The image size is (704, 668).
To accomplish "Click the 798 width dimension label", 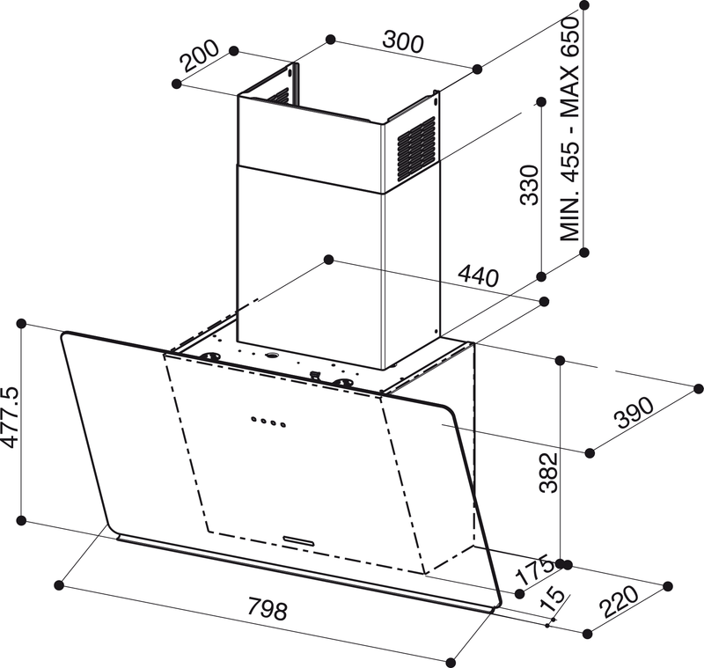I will (x=268, y=609).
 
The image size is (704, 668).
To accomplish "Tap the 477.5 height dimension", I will (x=11, y=417).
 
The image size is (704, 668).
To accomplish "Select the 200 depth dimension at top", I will (x=199, y=58).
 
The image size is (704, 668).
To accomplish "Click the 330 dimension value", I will (x=529, y=185).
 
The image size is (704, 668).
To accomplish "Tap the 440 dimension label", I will (x=478, y=277).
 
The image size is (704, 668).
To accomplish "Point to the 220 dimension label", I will (x=620, y=605).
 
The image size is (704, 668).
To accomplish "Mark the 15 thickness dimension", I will (x=554, y=600).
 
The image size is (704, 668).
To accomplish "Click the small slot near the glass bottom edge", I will (x=300, y=535).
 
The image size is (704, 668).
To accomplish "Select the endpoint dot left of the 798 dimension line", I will (x=59, y=584).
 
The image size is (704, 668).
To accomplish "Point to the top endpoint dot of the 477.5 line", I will (x=23, y=323).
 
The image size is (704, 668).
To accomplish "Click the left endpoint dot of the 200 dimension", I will (x=177, y=83).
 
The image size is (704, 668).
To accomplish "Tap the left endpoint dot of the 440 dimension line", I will (x=328, y=259).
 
